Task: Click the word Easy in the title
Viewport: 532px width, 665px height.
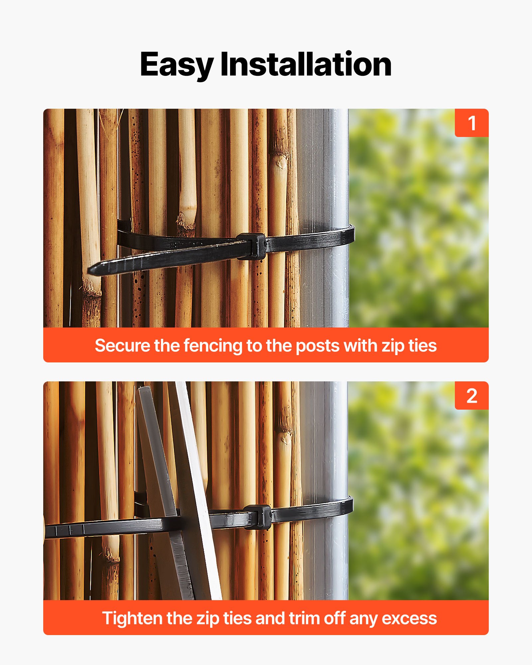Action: click(x=176, y=65)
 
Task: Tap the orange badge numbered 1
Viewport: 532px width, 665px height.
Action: click(x=471, y=123)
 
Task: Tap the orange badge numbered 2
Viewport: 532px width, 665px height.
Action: click(x=471, y=396)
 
